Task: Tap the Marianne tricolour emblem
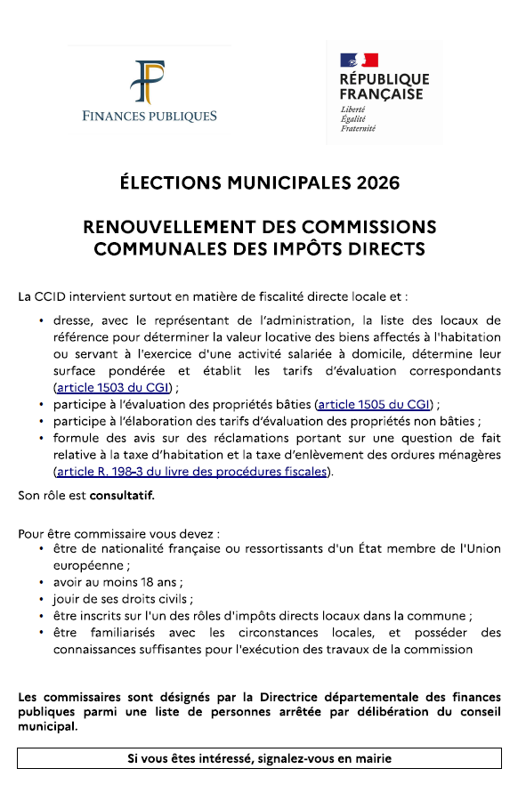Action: point(360,61)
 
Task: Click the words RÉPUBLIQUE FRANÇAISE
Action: point(384,87)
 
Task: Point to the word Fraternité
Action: point(358,129)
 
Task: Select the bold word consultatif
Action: point(128,494)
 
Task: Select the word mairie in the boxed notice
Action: point(373,758)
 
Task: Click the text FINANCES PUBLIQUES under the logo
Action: point(150,117)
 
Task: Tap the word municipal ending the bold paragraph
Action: point(47,725)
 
